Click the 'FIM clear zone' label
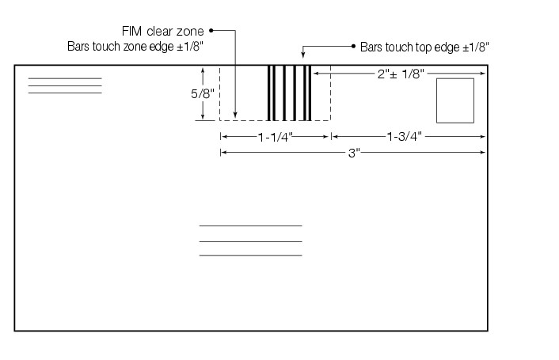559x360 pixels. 163,32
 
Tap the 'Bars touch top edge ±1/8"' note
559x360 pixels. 424,47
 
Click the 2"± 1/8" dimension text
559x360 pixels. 401,74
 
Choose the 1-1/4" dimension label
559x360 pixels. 275,137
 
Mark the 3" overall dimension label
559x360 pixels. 354,152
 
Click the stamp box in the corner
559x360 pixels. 455,100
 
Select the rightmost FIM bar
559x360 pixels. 309,93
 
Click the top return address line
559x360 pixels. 65,78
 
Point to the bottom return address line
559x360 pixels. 65,93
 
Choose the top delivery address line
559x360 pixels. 250,226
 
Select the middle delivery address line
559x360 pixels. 250,241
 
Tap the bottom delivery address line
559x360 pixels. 250,256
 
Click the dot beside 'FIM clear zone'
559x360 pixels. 212,32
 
